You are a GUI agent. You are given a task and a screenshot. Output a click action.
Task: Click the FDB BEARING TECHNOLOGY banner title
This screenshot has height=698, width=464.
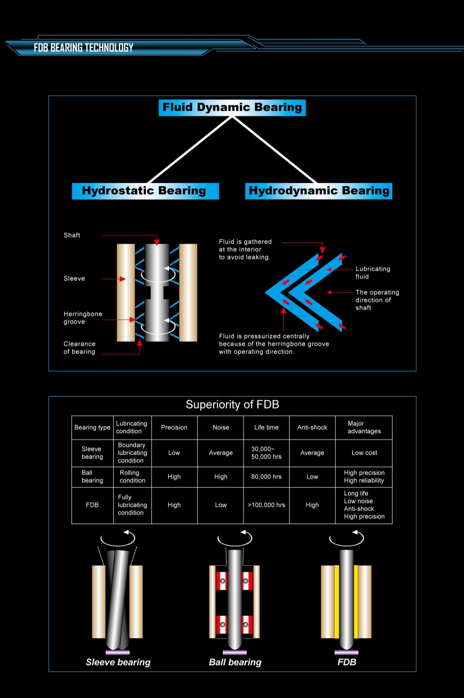click(x=83, y=47)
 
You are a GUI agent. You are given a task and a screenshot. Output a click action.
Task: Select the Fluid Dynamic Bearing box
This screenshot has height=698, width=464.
click(x=232, y=107)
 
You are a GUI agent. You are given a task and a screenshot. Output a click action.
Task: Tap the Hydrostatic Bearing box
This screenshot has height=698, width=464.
click(x=146, y=191)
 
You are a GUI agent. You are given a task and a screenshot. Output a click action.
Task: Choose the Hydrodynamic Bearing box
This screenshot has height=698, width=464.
click(x=318, y=191)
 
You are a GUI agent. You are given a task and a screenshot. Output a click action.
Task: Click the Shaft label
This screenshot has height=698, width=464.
click(x=72, y=235)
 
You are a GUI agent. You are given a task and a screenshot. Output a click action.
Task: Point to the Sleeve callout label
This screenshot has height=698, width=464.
click(x=74, y=279)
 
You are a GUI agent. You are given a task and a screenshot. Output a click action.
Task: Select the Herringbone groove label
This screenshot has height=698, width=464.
click(x=83, y=318)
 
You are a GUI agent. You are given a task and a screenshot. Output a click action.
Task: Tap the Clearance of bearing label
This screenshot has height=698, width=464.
click(x=79, y=348)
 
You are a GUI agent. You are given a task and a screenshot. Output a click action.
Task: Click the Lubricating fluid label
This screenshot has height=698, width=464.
click(x=373, y=273)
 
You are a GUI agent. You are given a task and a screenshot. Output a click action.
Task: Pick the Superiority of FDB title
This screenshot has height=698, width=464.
click(x=232, y=404)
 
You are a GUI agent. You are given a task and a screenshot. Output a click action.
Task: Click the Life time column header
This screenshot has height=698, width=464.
click(x=266, y=428)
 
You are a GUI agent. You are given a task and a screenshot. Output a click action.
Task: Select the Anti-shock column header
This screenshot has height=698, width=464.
click(x=312, y=428)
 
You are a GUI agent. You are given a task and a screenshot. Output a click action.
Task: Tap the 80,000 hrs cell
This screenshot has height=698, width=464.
click(x=266, y=477)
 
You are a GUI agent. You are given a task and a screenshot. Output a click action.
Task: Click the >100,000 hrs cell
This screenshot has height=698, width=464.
click(x=266, y=505)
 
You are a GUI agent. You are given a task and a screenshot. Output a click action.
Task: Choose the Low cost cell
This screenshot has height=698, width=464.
click(x=364, y=453)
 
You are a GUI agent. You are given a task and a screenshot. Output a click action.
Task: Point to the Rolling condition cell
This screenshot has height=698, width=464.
click(x=132, y=477)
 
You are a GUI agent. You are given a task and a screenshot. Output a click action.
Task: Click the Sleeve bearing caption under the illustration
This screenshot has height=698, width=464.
click(x=118, y=662)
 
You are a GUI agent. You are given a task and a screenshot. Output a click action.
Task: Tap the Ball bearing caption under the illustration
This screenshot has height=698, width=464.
click(x=235, y=662)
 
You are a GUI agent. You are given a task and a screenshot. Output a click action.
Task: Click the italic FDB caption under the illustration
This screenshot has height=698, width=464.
click(x=346, y=662)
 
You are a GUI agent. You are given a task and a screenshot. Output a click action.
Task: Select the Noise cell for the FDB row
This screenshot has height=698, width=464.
click(x=221, y=505)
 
